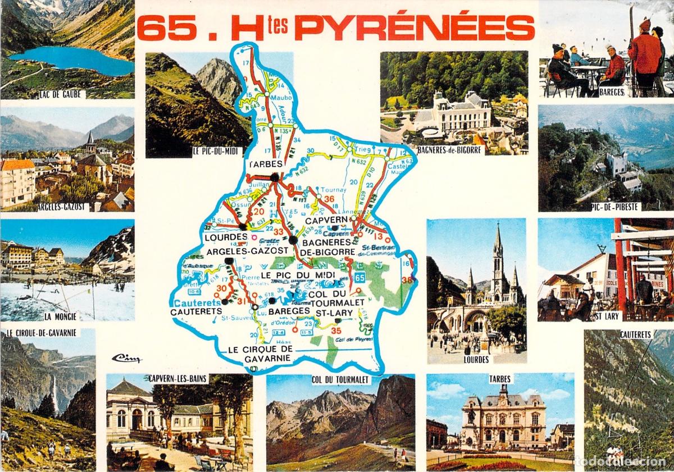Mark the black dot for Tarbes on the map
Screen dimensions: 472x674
[x=275, y=177]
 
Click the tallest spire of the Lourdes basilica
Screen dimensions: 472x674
[x=498, y=241]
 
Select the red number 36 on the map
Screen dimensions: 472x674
[x=329, y=199]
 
